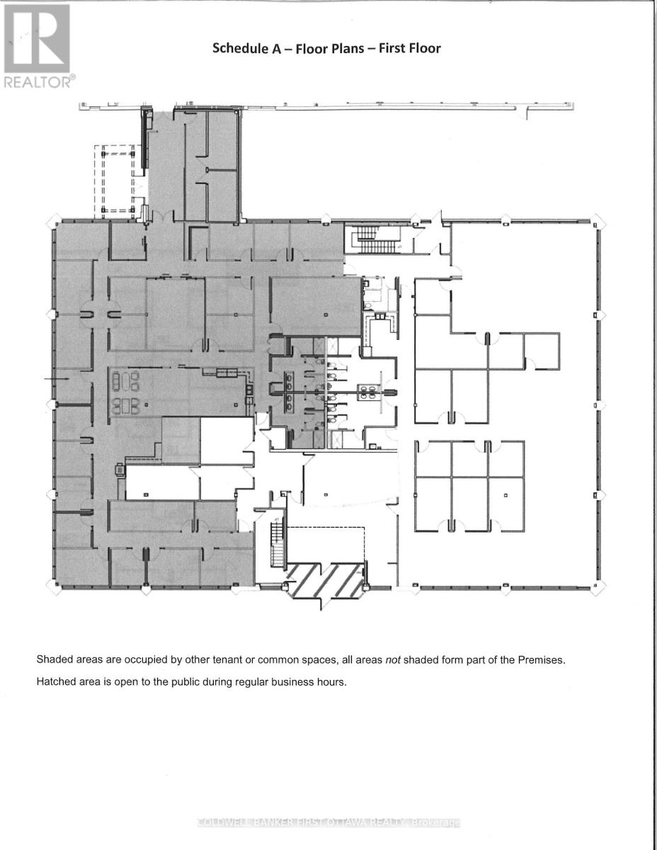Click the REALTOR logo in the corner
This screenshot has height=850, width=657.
pyautogui.click(x=38, y=46)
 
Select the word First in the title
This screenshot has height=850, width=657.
pyautogui.click(x=392, y=48)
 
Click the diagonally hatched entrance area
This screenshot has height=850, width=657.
pyautogui.click(x=326, y=580)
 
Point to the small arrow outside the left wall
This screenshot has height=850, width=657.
pyautogui.click(x=57, y=379)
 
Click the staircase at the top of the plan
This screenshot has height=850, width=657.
pyautogui.click(x=373, y=239)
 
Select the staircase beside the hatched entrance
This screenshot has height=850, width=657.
pyautogui.click(x=277, y=545)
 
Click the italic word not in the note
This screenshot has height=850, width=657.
pyautogui.click(x=393, y=659)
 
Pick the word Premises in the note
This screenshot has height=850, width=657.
pyautogui.click(x=542, y=659)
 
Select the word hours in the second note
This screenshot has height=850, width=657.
pyautogui.click(x=332, y=682)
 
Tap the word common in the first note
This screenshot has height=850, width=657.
pyautogui.click(x=277, y=660)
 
